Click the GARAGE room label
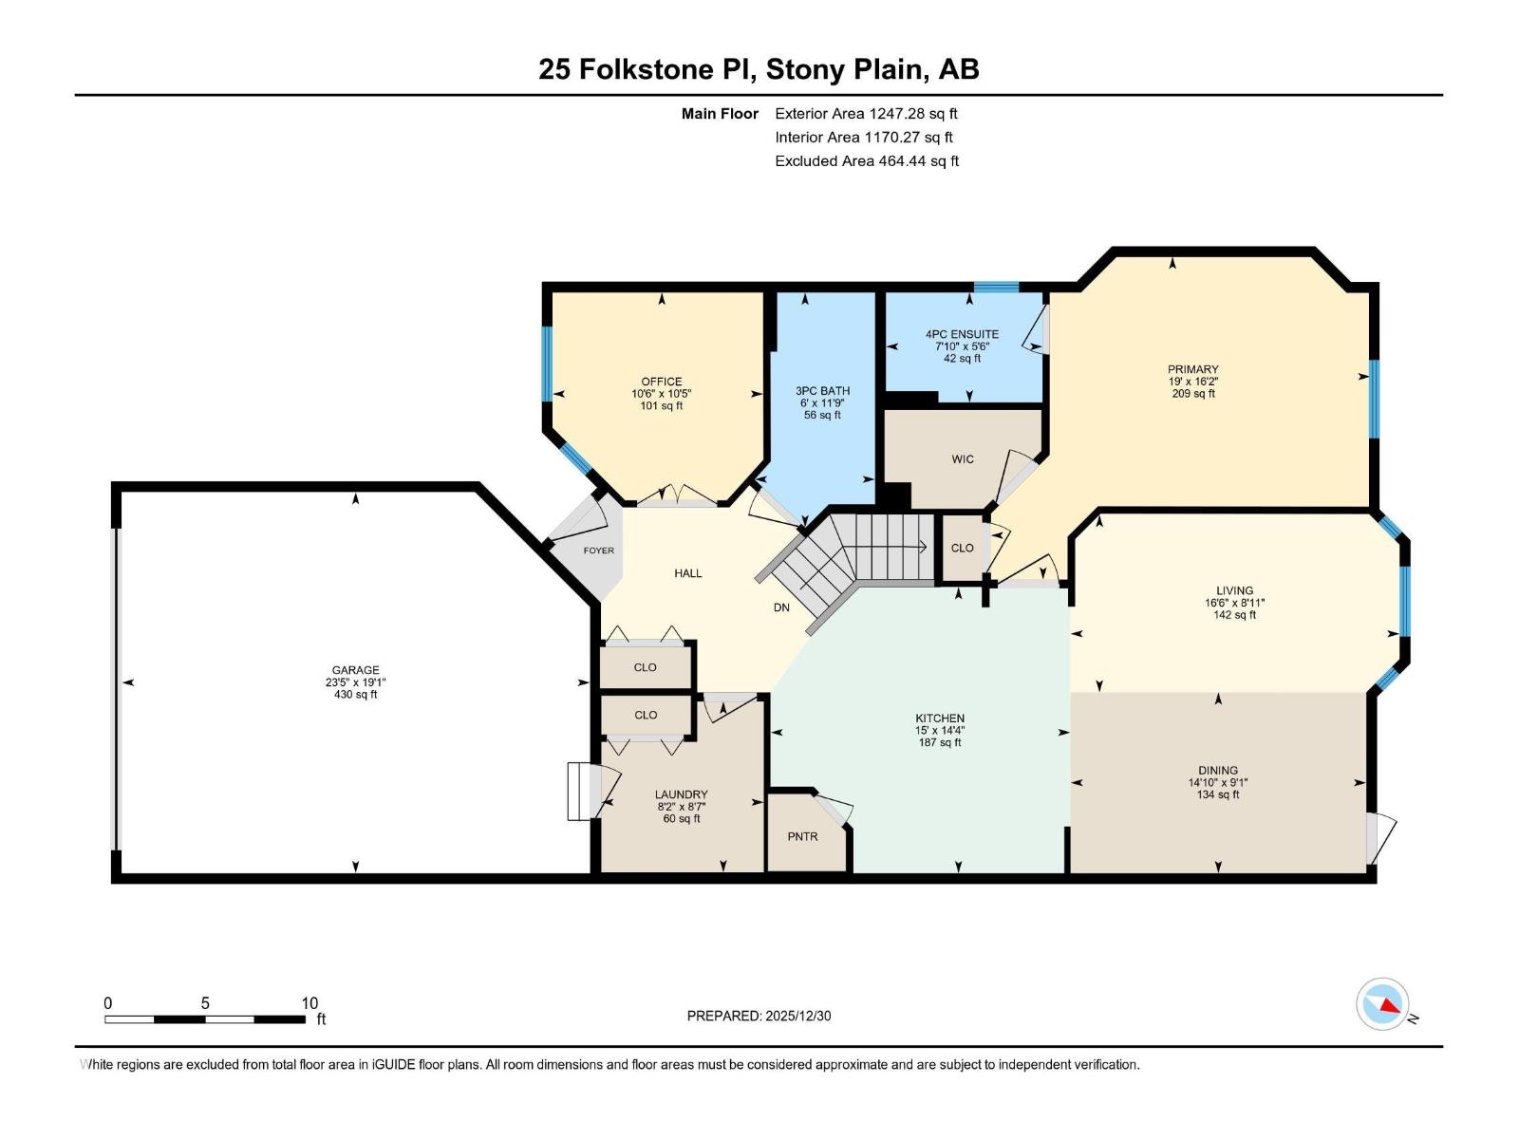click(x=355, y=670)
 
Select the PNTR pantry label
click(x=802, y=836)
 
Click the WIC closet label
click(x=963, y=459)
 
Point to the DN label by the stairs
click(x=781, y=607)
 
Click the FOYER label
click(x=598, y=551)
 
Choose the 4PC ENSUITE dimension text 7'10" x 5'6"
click(x=962, y=346)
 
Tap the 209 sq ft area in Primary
click(x=1193, y=394)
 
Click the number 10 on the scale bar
click(x=309, y=1003)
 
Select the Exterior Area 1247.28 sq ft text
click(x=866, y=114)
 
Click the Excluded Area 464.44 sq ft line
click(x=866, y=161)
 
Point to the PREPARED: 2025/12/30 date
click(x=759, y=1016)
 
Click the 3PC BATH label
click(x=822, y=391)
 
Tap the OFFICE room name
click(x=662, y=382)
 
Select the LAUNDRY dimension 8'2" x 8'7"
click(x=681, y=807)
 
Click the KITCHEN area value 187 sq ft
click(x=940, y=742)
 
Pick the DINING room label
click(x=1218, y=771)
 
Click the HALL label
click(x=688, y=573)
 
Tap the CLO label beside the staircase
click(x=962, y=548)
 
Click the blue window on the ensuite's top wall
click(x=996, y=287)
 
